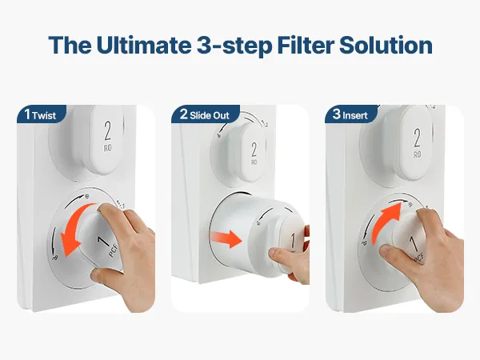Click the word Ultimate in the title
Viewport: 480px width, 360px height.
click(143, 45)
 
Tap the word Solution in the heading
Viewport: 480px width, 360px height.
click(386, 45)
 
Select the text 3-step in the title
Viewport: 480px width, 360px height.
click(234, 46)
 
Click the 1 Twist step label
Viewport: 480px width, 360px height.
click(41, 114)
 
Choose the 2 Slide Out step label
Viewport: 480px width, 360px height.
click(205, 114)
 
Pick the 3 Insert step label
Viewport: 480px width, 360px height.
click(350, 114)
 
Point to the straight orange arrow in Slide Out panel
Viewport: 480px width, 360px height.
click(226, 238)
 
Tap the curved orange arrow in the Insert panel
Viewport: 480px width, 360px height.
click(384, 222)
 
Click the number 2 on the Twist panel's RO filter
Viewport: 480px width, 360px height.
click(108, 130)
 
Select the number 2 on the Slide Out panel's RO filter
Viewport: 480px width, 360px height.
click(254, 150)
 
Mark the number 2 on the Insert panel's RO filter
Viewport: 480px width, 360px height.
click(417, 138)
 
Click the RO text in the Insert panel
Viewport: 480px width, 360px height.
click(418, 155)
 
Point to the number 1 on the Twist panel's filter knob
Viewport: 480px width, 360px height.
click(103, 241)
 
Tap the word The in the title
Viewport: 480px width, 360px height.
click(70, 45)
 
